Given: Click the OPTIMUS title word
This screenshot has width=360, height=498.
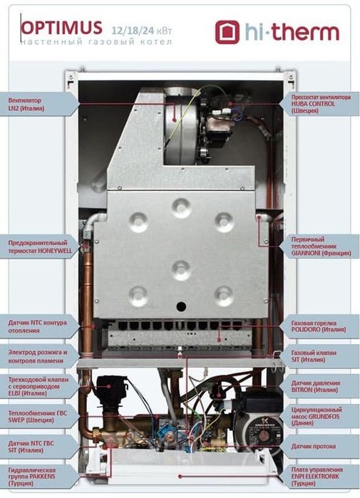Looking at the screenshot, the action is click(x=62, y=28).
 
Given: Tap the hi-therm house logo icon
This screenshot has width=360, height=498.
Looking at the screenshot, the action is click(x=227, y=32).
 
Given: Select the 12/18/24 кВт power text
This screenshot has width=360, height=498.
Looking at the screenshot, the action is click(x=142, y=31).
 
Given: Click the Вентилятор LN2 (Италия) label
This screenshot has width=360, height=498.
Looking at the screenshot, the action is click(x=26, y=104).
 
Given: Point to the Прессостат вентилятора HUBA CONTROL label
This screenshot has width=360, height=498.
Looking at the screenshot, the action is click(x=321, y=104).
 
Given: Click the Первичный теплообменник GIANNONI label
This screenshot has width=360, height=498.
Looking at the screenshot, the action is click(x=322, y=246).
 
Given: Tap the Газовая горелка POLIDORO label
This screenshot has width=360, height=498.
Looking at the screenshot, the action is click(x=319, y=326).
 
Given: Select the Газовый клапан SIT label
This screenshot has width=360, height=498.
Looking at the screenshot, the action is click(x=314, y=356).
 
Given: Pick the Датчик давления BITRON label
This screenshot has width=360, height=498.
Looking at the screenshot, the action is click(x=316, y=386).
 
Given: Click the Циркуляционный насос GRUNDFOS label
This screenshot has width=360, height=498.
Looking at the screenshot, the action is click(x=317, y=416).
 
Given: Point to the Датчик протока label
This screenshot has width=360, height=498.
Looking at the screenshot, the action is click(x=313, y=446).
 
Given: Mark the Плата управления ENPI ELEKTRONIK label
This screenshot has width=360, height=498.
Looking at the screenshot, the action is click(x=317, y=477).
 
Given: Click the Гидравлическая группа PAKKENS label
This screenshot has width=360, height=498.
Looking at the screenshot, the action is click(x=32, y=477).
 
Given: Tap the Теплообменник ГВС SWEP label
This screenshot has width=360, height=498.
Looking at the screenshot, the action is click(x=38, y=416).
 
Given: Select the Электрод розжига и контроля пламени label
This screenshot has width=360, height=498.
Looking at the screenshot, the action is click(x=38, y=356).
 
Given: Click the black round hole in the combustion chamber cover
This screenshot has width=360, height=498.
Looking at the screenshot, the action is click(x=181, y=306).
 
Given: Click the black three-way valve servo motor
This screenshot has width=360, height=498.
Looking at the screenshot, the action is click(x=110, y=388).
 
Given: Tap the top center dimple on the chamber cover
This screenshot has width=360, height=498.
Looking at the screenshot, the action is click(x=182, y=208).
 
